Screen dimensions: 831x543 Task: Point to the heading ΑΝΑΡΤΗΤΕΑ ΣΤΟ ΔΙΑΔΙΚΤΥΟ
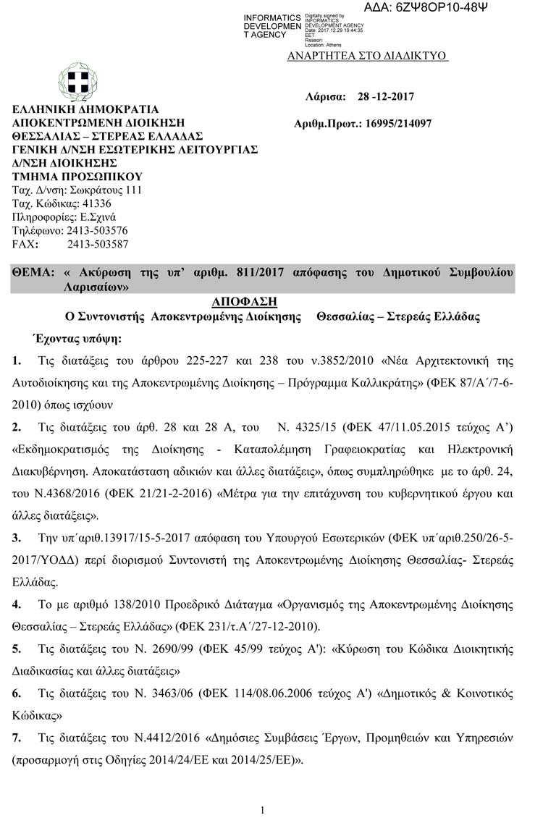click(367, 56)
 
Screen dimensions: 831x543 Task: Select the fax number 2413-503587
click(98, 245)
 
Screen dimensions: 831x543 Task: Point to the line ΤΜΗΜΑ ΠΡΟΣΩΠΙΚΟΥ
click(77, 177)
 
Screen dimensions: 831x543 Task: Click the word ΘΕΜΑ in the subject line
click(33, 273)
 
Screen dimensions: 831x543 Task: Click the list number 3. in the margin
click(17, 538)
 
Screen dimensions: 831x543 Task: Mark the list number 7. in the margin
click(17, 738)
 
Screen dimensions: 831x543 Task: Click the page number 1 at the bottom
click(263, 810)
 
